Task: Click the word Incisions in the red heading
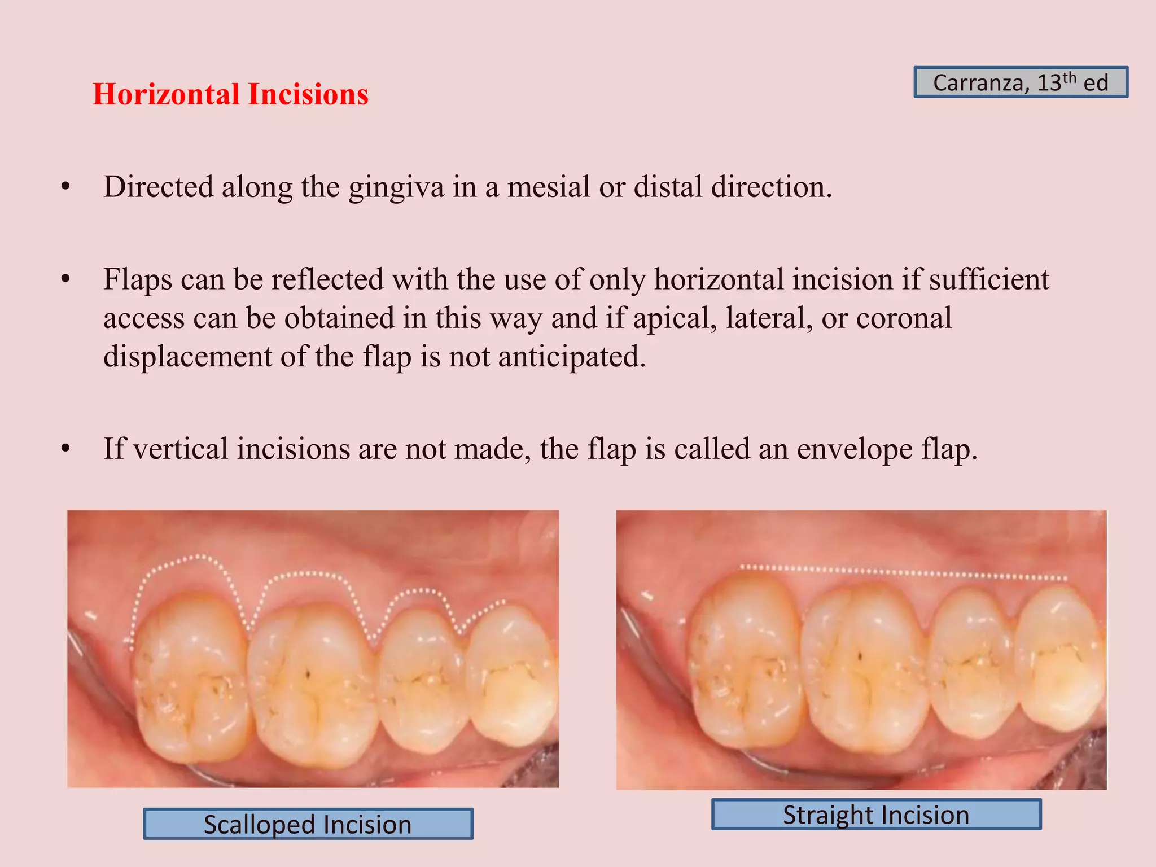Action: click(x=308, y=94)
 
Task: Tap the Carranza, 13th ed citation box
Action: click(x=1021, y=82)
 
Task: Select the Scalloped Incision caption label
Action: click(x=308, y=824)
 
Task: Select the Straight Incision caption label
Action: click(x=876, y=815)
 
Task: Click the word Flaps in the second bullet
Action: click(x=138, y=280)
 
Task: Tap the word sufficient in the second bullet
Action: click(x=989, y=279)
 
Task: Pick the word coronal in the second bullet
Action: click(x=904, y=318)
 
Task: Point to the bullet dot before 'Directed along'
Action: click(x=66, y=187)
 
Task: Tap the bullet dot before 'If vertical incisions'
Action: click(x=66, y=449)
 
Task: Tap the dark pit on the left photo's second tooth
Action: click(x=308, y=673)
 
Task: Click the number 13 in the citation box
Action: click(x=1049, y=84)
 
